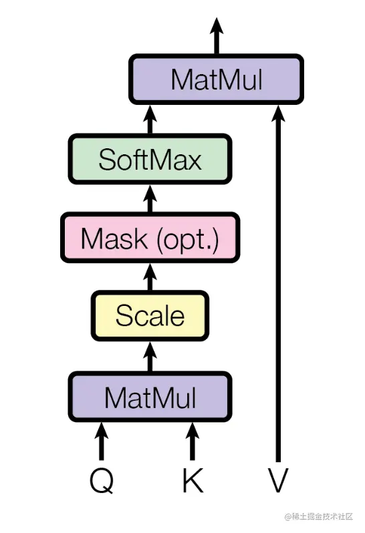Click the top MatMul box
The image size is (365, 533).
[x=216, y=79]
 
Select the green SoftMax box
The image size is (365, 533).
[x=150, y=159]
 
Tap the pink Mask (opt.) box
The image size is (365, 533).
[x=150, y=238]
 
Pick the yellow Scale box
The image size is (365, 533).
[x=150, y=316]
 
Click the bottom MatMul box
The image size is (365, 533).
[x=150, y=397]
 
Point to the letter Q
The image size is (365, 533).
[x=102, y=480]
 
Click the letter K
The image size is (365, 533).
[x=193, y=480]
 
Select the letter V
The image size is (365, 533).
[x=278, y=480]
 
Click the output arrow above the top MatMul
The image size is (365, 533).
[x=217, y=35]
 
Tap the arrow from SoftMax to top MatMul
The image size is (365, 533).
[x=150, y=120]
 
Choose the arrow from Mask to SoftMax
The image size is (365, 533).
[x=150, y=198]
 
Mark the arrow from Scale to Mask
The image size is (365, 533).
[x=150, y=277]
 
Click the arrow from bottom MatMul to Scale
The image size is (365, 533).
[x=150, y=357]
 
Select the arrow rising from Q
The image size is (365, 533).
[x=102, y=441]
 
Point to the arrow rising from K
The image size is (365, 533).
[x=193, y=441]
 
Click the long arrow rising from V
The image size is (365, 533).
[x=278, y=283]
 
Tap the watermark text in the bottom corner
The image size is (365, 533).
[x=319, y=517]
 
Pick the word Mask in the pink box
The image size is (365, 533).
[x=114, y=238]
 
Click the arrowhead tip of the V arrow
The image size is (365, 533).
[x=278, y=106]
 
